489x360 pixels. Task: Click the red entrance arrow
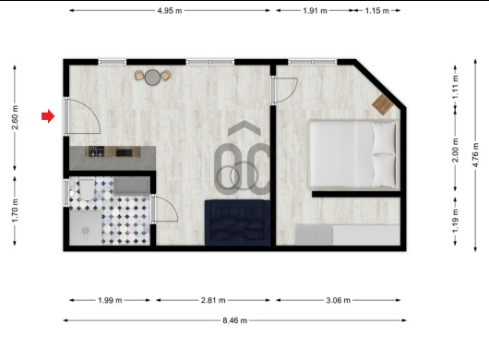48,116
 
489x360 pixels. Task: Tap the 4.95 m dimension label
170,10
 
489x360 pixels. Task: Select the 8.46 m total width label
235,320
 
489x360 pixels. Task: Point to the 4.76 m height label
475,155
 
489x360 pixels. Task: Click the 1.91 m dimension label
315,10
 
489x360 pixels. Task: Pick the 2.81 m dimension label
213,300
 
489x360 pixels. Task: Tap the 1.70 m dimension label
15,210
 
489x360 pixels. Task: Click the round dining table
152,78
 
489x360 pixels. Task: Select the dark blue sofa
237,222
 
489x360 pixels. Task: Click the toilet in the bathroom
86,188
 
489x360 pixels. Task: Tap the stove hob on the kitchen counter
96,151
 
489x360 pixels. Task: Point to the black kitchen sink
125,152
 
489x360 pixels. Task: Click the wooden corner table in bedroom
382,104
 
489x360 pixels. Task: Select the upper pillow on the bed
384,138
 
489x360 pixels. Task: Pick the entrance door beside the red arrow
66,116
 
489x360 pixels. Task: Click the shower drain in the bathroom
86,231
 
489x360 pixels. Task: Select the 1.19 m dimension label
455,221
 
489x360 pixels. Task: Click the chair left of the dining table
139,76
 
